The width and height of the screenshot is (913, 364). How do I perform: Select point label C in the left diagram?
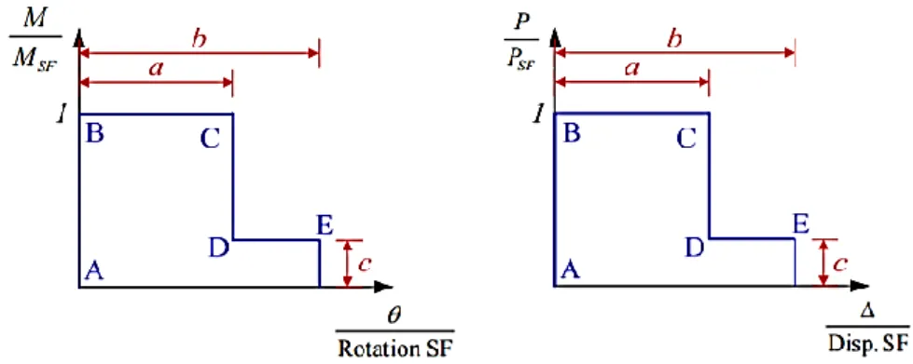tap(210, 140)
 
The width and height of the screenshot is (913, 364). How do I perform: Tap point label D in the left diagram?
tap(218, 249)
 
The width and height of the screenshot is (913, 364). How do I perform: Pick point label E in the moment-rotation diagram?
tap(324, 225)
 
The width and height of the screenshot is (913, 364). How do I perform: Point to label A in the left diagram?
tap(94, 270)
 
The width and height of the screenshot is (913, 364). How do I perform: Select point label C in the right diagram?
tap(685, 140)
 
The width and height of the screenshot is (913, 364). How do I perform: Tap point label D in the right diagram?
tap(694, 249)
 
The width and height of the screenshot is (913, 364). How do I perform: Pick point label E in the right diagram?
tap(800, 224)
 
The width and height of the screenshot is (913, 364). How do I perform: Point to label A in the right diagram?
tap(570, 270)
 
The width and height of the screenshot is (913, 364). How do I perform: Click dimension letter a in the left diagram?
tap(156, 68)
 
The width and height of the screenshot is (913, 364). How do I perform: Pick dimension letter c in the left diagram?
tap(364, 264)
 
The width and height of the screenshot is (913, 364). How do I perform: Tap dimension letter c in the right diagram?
tap(839, 264)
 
